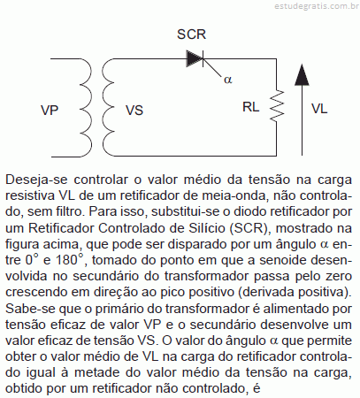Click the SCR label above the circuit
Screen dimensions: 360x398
[x=191, y=34]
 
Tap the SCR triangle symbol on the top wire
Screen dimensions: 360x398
[x=195, y=58]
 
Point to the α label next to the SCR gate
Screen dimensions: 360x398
[x=228, y=80]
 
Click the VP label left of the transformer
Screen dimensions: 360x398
[x=50, y=110]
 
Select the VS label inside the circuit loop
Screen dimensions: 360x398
[x=134, y=111]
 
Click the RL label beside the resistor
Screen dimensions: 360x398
[x=250, y=107]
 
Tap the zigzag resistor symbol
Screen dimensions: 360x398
[x=277, y=105]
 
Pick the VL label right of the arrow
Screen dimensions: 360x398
[x=319, y=109]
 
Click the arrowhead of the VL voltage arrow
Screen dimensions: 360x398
[x=302, y=75]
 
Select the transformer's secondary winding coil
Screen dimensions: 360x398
[x=108, y=108]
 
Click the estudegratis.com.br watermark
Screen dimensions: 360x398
[x=317, y=6]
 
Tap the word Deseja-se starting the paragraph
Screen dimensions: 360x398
[x=36, y=180]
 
